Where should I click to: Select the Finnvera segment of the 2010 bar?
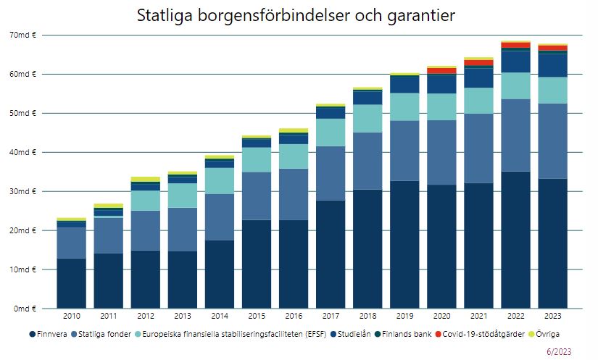point(71,283)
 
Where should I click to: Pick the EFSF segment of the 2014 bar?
point(220,180)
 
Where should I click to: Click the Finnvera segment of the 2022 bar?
point(515,239)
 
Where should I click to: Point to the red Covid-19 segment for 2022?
point(515,45)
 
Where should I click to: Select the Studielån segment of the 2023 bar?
point(552,65)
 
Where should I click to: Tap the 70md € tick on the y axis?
point(25,35)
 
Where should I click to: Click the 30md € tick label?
point(25,191)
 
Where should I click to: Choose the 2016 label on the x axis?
point(294,317)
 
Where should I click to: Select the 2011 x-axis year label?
point(109,317)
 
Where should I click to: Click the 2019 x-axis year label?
point(404,317)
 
